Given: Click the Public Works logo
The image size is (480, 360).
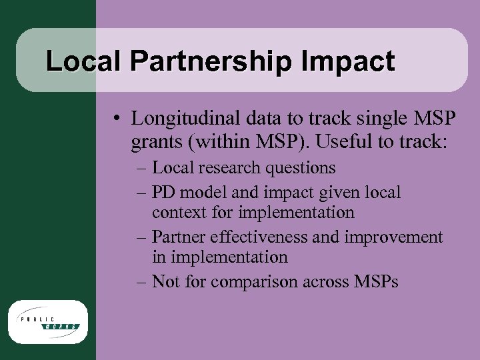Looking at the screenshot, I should pos(47,321).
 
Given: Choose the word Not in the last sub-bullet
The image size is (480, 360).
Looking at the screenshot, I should pos(164,281).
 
